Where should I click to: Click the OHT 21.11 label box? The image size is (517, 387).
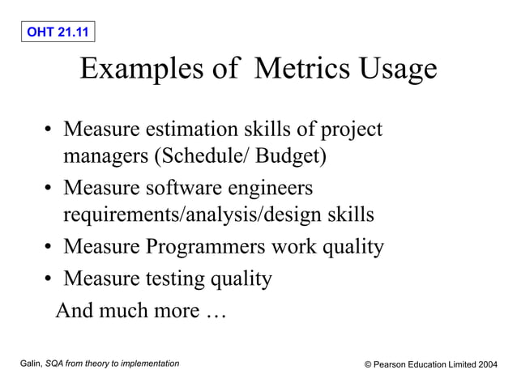[x=57, y=32]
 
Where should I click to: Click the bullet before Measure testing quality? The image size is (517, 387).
[x=49, y=280]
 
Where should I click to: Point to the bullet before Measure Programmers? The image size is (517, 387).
[x=49, y=246]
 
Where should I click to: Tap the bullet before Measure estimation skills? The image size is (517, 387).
[x=49, y=130]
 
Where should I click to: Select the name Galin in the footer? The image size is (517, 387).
[x=30, y=364]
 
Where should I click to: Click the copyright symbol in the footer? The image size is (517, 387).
[x=368, y=365]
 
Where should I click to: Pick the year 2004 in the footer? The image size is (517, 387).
[x=487, y=365]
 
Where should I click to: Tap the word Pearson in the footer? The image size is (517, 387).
[x=392, y=365]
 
